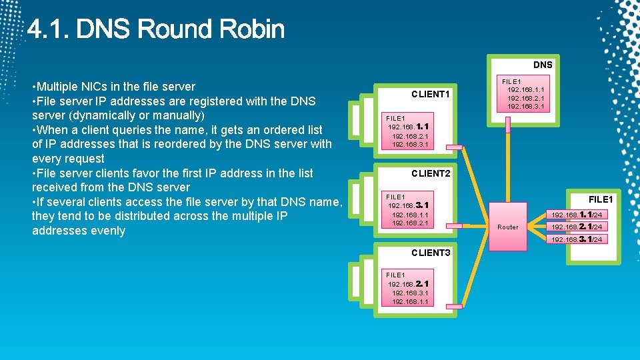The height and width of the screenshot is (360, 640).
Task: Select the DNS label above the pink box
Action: pos(542,65)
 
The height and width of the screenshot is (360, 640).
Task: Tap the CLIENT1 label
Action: pos(431,94)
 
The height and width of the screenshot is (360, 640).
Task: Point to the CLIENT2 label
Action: pos(431,173)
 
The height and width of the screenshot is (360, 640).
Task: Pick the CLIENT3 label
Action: pos(431,253)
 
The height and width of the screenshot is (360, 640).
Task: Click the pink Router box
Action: pos(508,227)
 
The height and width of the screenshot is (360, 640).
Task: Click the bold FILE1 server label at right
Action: pos(600,199)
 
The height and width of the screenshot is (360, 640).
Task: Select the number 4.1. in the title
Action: pos(50,29)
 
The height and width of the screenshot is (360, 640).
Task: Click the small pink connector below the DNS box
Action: pos(508,122)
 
